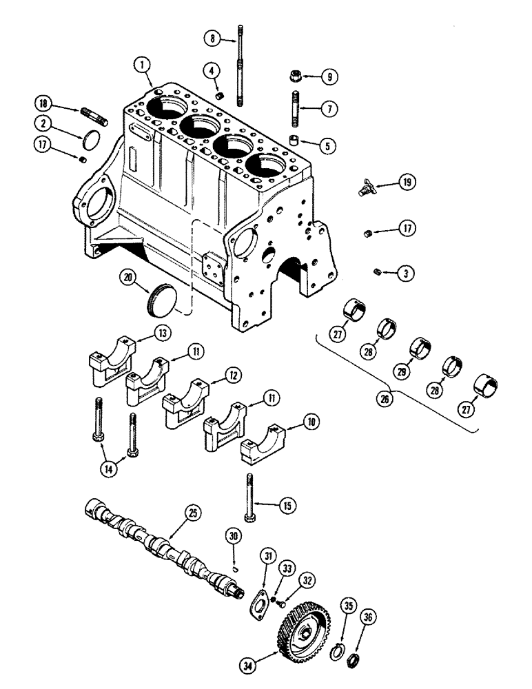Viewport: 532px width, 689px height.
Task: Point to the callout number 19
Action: (407, 182)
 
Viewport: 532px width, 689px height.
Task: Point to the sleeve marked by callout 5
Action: (296, 142)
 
